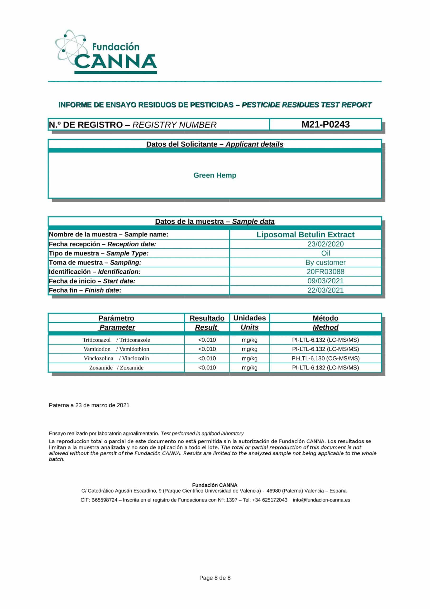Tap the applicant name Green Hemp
click(215, 175)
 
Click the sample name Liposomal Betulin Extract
click(305, 235)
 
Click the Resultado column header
click(207, 318)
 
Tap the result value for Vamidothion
click(207, 349)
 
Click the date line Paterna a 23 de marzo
click(89, 405)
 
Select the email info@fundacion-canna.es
click(321, 500)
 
